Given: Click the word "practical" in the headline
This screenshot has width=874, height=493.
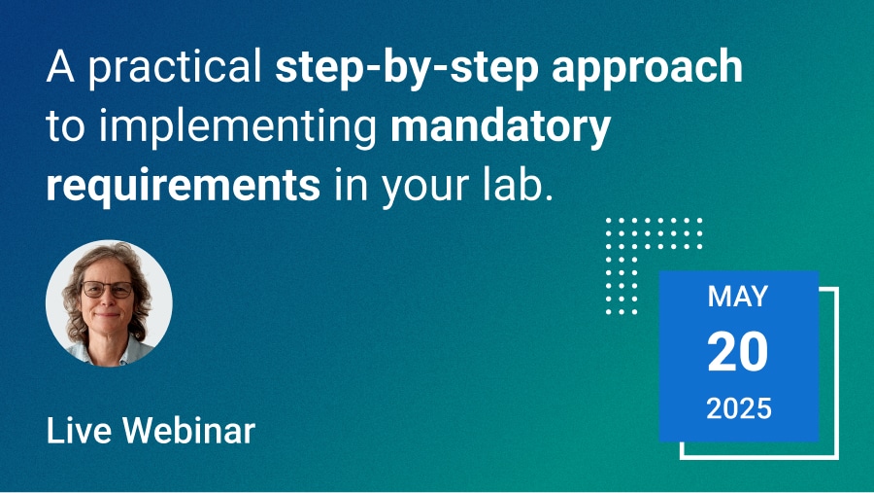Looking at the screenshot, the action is click(x=175, y=67).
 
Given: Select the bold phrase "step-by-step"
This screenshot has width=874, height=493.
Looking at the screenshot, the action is click(x=407, y=67).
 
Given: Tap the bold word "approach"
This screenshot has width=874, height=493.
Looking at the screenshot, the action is click(x=647, y=67).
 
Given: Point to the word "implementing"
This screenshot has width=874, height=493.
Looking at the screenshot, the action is click(x=239, y=127).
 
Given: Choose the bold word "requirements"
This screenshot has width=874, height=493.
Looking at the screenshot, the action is click(x=184, y=186).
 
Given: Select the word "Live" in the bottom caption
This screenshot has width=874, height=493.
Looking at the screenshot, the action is click(x=79, y=431).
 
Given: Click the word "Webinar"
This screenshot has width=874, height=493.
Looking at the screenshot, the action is click(x=188, y=431).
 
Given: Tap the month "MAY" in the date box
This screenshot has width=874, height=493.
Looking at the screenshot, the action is click(x=738, y=297).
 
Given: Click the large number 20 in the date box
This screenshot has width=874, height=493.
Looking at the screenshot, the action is click(x=737, y=352).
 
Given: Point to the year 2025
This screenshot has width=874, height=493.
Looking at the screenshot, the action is click(x=739, y=408).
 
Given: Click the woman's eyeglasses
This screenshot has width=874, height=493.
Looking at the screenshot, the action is click(x=108, y=289).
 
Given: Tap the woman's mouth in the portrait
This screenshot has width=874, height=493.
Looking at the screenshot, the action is click(x=108, y=315).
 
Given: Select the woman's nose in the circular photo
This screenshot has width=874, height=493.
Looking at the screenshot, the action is click(x=108, y=299).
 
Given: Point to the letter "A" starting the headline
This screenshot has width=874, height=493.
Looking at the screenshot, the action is click(x=60, y=66).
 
